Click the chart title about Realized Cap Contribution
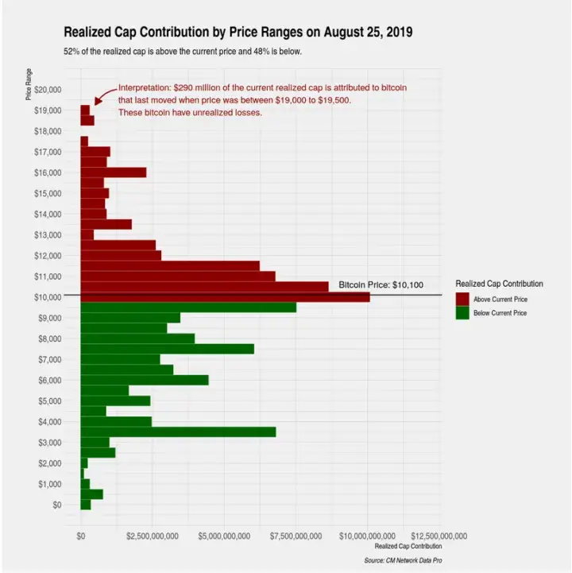pos(238,32)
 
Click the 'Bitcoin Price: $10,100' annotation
pos(381,285)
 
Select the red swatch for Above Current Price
pos(462,299)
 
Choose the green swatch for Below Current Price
pos(462,313)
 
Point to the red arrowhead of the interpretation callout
pos(96,102)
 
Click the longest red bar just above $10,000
pos(225,296)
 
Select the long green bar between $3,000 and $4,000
pos(178,432)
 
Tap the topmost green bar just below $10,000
pos(188,307)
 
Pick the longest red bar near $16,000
pos(114,172)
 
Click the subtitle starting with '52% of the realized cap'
pos(182,52)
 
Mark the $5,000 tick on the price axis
pos(47,401)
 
